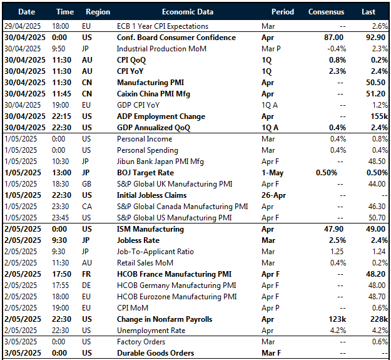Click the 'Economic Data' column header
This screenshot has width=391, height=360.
click(187, 12)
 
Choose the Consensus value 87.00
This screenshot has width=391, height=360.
click(334, 38)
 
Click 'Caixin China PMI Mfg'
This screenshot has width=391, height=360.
click(153, 94)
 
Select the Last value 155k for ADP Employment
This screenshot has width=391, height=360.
click(376, 116)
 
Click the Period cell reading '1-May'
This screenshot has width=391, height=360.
click(274, 173)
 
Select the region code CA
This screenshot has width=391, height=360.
click(88, 207)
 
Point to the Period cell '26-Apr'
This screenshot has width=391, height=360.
click(275, 195)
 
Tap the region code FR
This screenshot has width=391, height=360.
click(87, 274)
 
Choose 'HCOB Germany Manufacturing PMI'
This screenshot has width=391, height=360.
click(176, 285)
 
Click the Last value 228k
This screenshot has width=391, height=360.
click(376, 319)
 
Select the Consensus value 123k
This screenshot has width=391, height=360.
click(337, 319)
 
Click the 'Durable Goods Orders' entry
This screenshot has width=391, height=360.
click(155, 353)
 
